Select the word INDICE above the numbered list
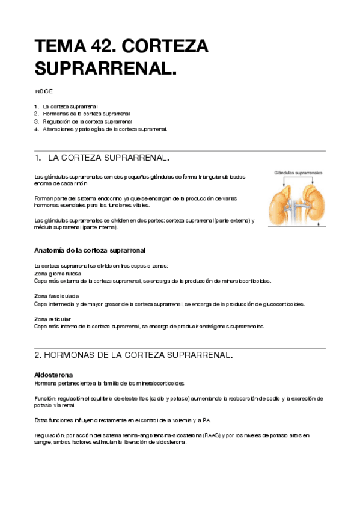pos(43,91)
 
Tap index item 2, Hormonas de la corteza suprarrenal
pos(91,113)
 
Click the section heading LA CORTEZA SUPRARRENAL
pos(108,158)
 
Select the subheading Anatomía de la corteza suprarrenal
pos(90,250)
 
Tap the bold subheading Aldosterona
pos(53,375)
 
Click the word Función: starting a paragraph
pos(46,398)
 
